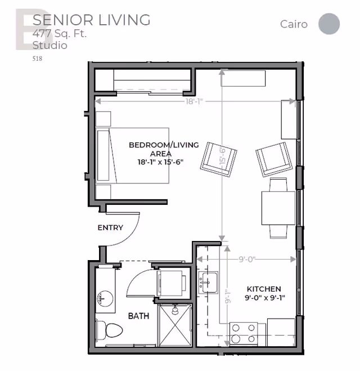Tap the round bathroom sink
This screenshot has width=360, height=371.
click(x=105, y=298)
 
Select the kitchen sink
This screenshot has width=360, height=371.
click(x=208, y=283)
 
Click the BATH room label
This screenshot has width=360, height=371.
click(x=138, y=316)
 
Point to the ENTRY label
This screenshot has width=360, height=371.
click(x=110, y=227)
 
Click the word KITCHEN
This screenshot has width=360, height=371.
click(x=264, y=289)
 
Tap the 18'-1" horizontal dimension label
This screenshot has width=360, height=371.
click(x=194, y=101)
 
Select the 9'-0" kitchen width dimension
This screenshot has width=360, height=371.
click(x=247, y=260)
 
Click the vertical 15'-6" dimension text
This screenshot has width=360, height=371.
click(x=222, y=156)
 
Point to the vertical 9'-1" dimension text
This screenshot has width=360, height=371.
click(x=228, y=297)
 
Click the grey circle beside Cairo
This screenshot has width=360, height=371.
click(x=329, y=24)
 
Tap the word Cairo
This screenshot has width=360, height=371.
click(x=294, y=24)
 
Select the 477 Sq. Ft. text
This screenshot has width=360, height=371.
click(x=60, y=33)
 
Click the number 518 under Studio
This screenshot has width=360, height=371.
click(x=37, y=59)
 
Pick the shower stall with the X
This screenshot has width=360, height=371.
click(x=175, y=325)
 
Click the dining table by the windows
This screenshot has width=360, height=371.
click(x=278, y=208)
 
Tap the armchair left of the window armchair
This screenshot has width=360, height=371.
click(x=219, y=159)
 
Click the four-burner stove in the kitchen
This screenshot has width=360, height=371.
click(x=244, y=334)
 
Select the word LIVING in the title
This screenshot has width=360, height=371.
click(x=124, y=20)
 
